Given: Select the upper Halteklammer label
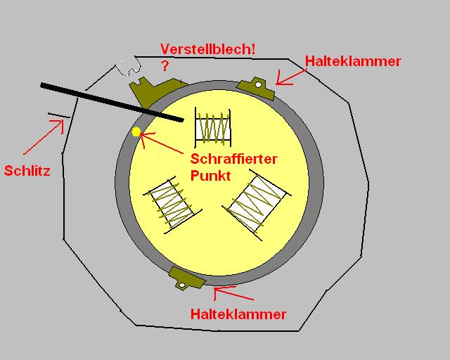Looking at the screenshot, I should tap(352, 61).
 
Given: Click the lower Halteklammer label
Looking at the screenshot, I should tap(238, 314).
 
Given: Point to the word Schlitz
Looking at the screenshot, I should tap(27, 170).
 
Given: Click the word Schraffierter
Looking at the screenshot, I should tap(234, 159).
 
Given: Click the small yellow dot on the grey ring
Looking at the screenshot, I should tap(136, 131).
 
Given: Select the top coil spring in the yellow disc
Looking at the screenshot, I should tap(213, 127).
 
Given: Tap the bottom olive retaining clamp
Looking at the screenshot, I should tap(184, 279).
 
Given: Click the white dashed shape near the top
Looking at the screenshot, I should tap(130, 67).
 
